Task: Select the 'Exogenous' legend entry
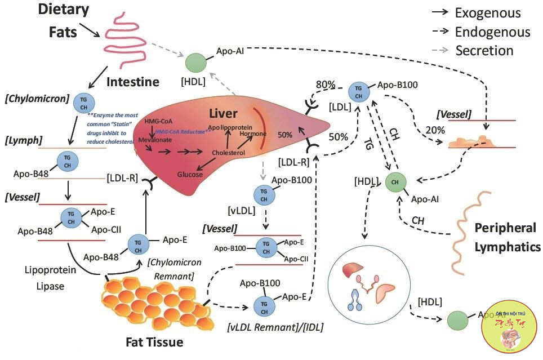pyautogui.click(x=479, y=13)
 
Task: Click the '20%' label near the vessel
pyautogui.click(x=435, y=130)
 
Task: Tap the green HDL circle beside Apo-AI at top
pyautogui.click(x=196, y=63)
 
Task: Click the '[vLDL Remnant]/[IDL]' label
pyautogui.click(x=276, y=327)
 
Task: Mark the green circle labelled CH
pyautogui.click(x=396, y=183)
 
